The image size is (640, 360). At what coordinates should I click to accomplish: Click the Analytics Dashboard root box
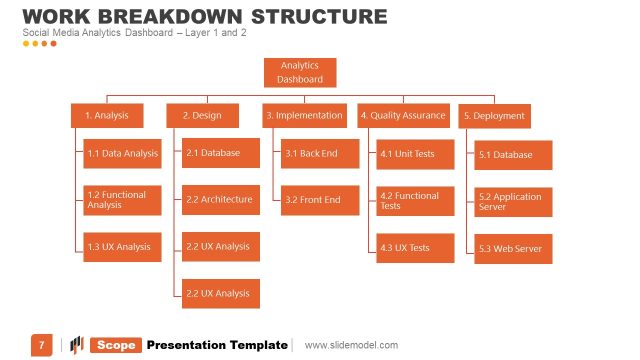pyautogui.click(x=300, y=72)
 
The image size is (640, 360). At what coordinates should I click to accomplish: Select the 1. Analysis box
pyautogui.click(x=107, y=116)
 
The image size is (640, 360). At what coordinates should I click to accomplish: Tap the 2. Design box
pyautogui.click(x=202, y=116)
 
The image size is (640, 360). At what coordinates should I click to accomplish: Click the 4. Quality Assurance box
pyautogui.click(x=403, y=116)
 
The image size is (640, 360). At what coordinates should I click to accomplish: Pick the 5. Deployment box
pyautogui.click(x=494, y=116)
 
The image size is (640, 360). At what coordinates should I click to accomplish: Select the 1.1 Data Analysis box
pyautogui.click(x=122, y=153)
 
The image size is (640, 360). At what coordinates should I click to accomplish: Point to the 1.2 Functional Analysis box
pyautogui.click(x=122, y=200)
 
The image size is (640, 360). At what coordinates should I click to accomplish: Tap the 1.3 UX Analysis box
pyautogui.click(x=122, y=246)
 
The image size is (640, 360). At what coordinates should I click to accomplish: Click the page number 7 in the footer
pyautogui.click(x=41, y=345)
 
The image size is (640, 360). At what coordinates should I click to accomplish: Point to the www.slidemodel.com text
pyautogui.click(x=351, y=345)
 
